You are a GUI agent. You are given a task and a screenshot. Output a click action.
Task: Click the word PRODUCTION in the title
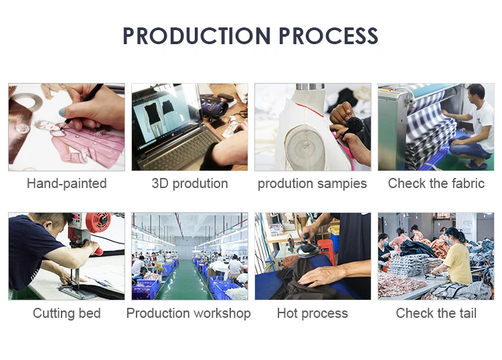197,35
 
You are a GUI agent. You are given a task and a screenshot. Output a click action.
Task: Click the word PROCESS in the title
329,35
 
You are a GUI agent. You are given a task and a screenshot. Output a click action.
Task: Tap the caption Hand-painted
66,183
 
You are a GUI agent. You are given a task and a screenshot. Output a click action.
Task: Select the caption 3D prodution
189,183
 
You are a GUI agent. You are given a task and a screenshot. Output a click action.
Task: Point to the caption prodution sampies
312,183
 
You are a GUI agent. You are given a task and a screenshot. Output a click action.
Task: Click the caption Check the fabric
436,183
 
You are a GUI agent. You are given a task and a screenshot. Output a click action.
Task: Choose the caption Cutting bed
66,313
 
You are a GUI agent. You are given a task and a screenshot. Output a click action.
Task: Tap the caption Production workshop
189,313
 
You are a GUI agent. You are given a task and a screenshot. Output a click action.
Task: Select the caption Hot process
313,313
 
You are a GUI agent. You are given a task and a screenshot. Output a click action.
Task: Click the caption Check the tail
436,313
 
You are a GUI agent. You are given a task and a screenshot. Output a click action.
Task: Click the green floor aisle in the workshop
183,281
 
